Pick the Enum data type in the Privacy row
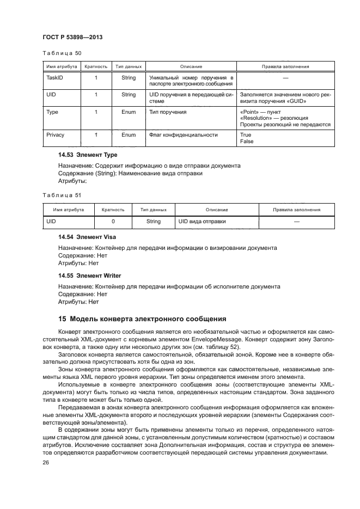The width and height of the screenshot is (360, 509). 129,134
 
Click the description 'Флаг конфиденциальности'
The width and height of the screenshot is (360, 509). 184,134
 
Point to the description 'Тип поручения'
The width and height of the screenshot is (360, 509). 168,112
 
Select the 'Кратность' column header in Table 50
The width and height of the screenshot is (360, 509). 96,66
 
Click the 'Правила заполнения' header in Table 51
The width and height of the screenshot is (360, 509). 297,209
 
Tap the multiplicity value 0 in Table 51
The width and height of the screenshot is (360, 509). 113,222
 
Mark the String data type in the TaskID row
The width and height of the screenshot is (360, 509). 129,78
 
